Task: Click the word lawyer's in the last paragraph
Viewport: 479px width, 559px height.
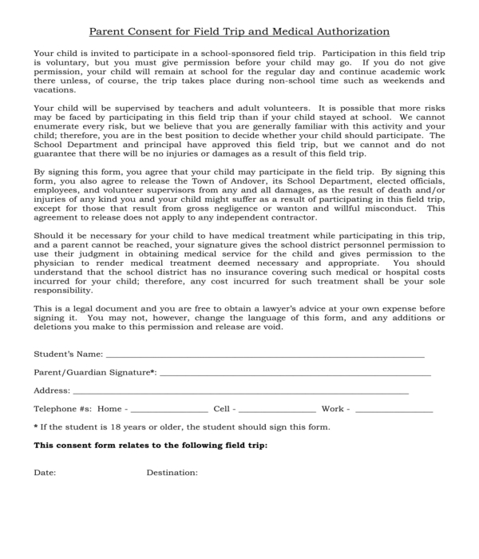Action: [249, 309]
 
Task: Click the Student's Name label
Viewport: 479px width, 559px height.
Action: [68, 354]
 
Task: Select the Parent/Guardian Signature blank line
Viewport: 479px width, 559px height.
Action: [295, 374]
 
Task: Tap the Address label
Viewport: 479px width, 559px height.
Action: [51, 391]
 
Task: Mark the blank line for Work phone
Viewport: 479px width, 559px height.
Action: [394, 410]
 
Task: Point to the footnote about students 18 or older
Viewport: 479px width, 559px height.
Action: [181, 427]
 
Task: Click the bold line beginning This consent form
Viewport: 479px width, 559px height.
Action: [150, 446]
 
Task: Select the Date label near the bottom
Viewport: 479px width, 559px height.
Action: [45, 473]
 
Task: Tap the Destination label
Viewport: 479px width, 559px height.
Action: [172, 473]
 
